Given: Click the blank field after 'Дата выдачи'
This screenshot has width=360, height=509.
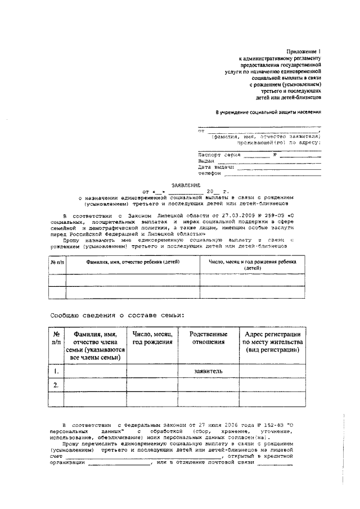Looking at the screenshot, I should point(279,168).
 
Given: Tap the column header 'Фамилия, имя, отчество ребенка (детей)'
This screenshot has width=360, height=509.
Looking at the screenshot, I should point(133,262).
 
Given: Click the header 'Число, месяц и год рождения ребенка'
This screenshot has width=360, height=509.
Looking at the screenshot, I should point(253,262).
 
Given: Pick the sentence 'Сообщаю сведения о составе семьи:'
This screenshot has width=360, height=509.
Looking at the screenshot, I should point(116,316).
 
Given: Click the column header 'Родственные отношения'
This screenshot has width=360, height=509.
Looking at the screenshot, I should point(209,337).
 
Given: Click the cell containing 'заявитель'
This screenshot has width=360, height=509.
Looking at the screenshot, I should point(209,371).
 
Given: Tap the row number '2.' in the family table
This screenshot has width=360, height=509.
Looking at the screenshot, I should point(55,385).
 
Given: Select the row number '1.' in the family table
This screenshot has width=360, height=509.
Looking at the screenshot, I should point(55,371).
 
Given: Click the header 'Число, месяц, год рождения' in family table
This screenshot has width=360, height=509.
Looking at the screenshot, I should point(152,337).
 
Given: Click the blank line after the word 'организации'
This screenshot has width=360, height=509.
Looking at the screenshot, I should point(119,464).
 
